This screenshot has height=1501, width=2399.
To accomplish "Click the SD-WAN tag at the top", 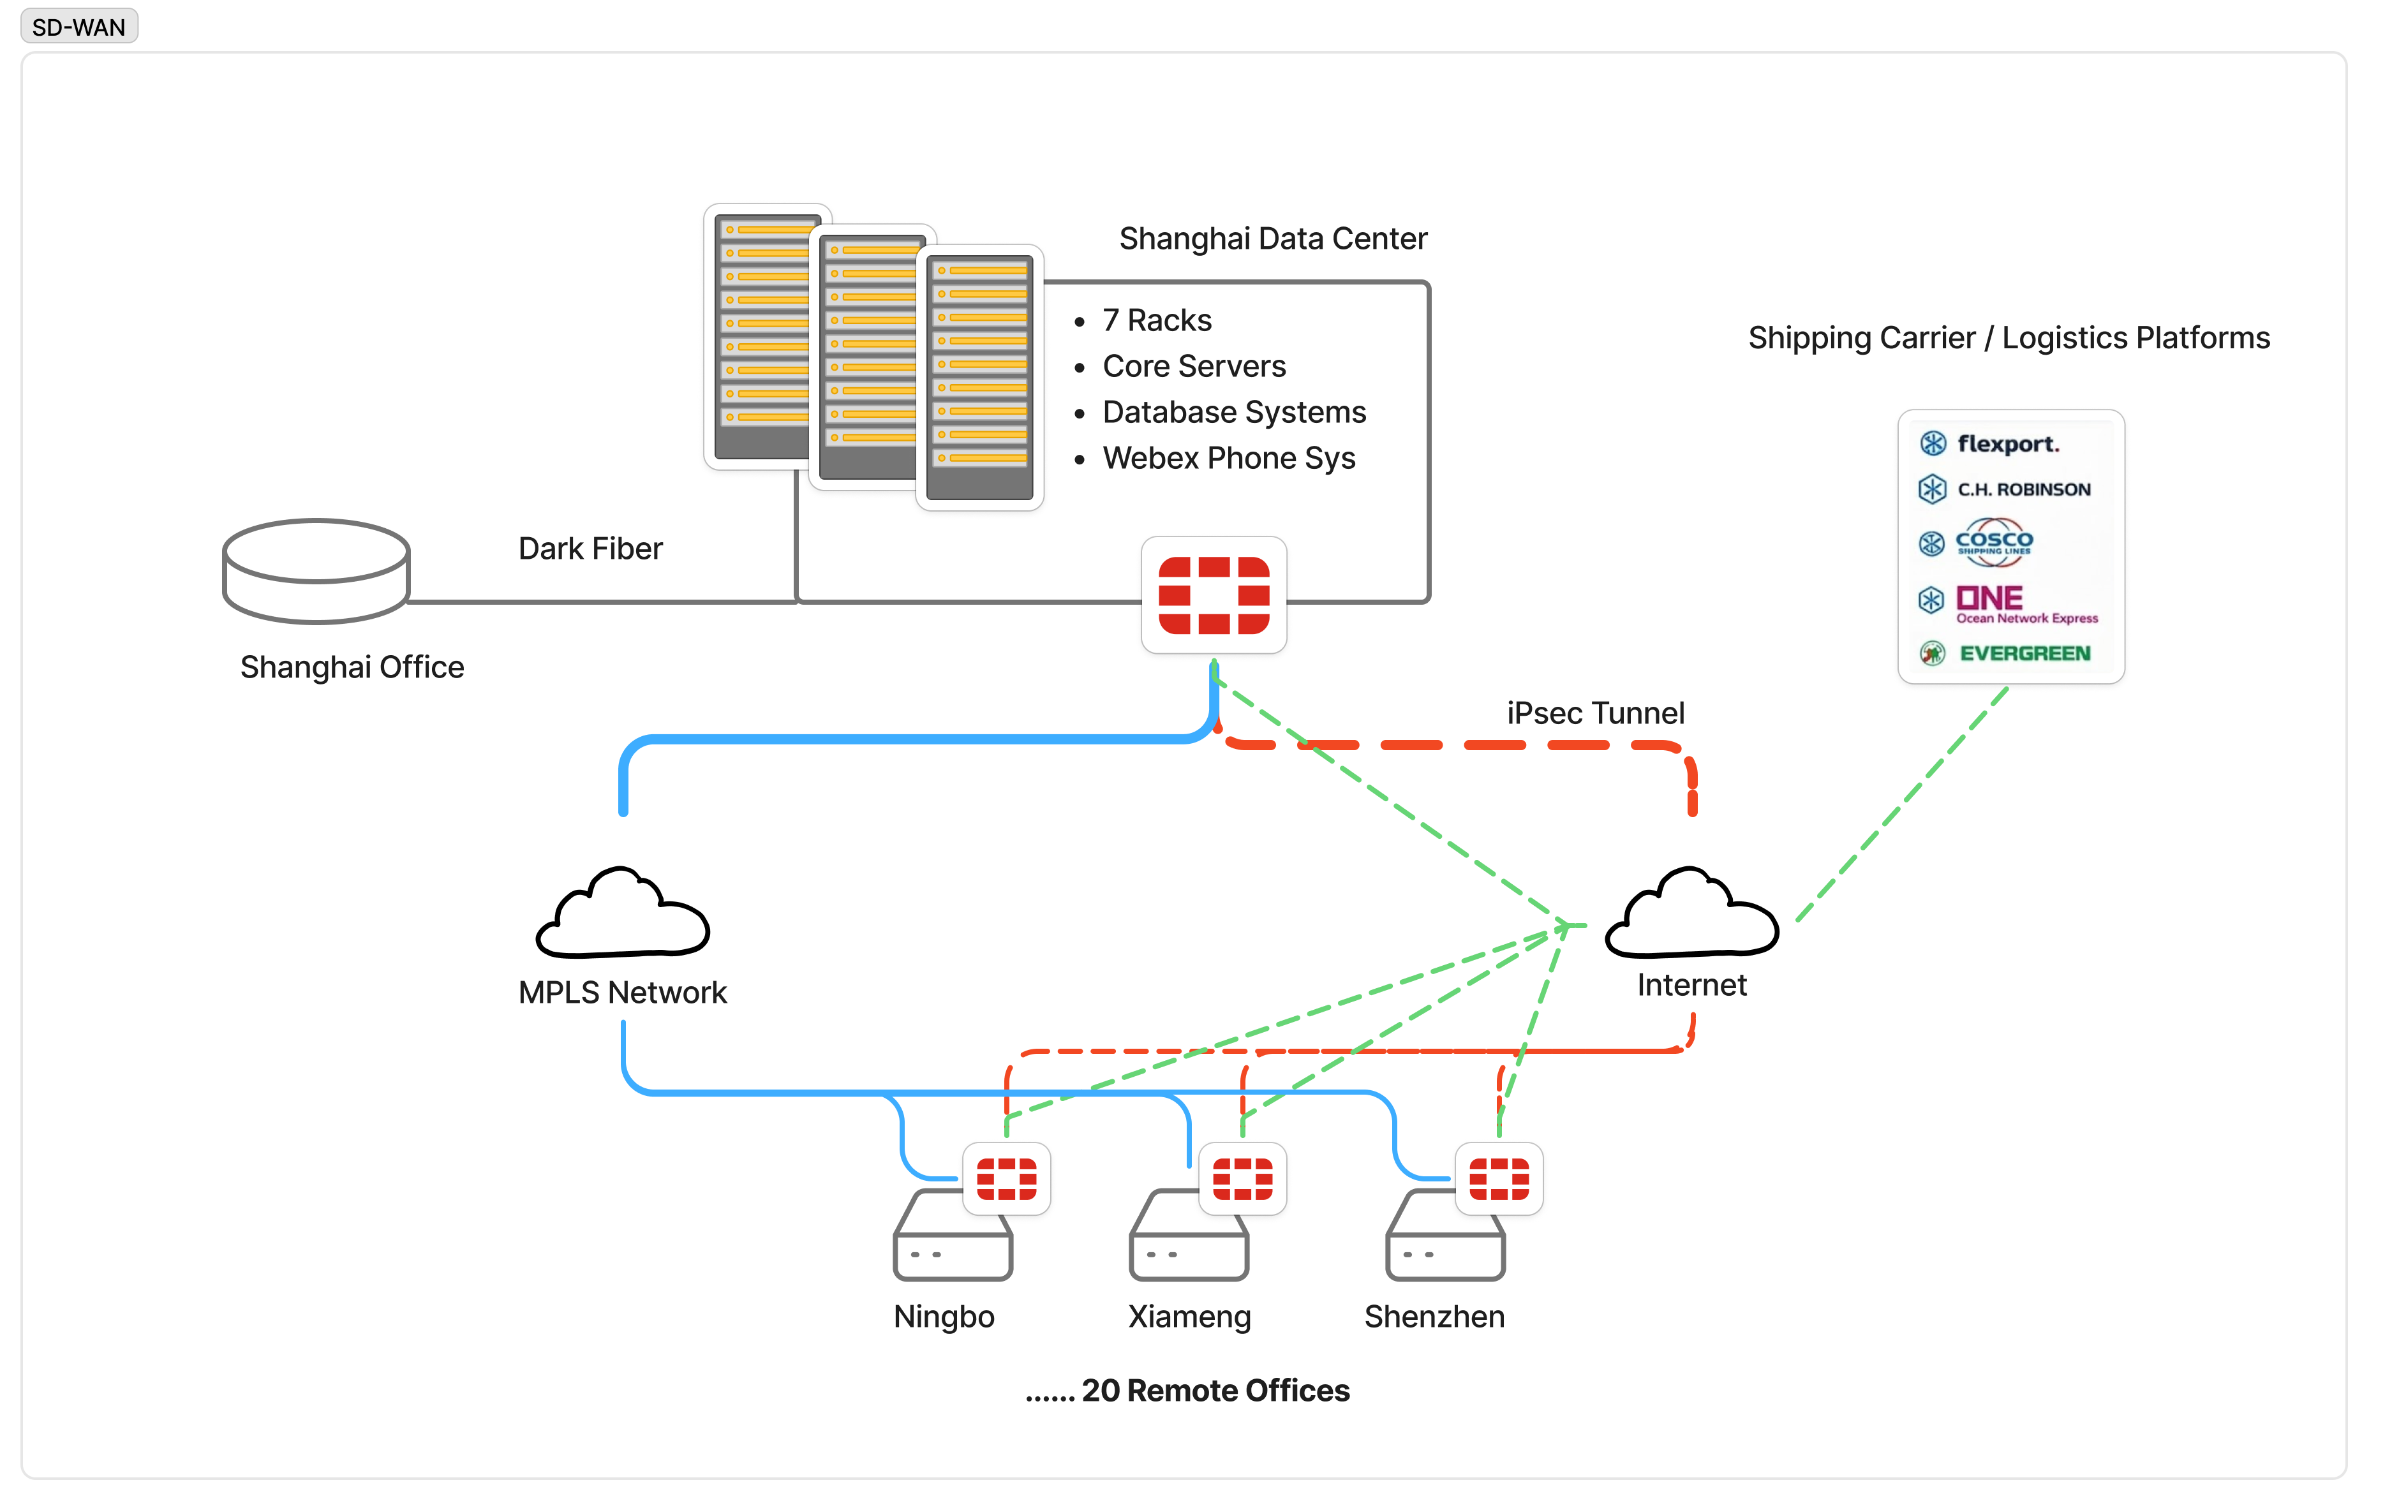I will point(78,27).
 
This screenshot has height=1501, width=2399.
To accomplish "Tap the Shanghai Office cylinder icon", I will point(316,571).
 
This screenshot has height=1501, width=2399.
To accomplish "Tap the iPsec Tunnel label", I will point(1594,713).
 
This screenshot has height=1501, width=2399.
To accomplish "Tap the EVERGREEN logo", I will point(2024,653).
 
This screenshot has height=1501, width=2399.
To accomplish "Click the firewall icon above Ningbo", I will point(1006,1178).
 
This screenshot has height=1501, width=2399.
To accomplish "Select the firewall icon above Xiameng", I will point(1242,1178).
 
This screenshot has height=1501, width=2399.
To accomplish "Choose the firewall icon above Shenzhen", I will point(1498,1178).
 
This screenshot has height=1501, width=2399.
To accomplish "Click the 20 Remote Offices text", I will point(1214,1390).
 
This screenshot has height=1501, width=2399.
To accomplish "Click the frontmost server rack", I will point(979,377).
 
